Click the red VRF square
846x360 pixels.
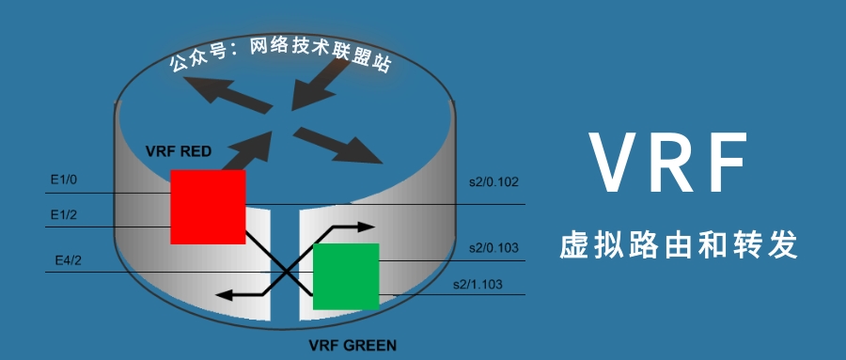tap(208, 207)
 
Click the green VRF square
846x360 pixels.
tap(345, 276)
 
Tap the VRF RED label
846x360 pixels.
tap(179, 151)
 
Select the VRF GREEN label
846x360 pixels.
tap(352, 345)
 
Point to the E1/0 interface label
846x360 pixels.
tap(64, 177)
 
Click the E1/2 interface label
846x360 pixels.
tap(64, 215)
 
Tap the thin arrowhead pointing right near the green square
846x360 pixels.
tap(367, 227)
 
